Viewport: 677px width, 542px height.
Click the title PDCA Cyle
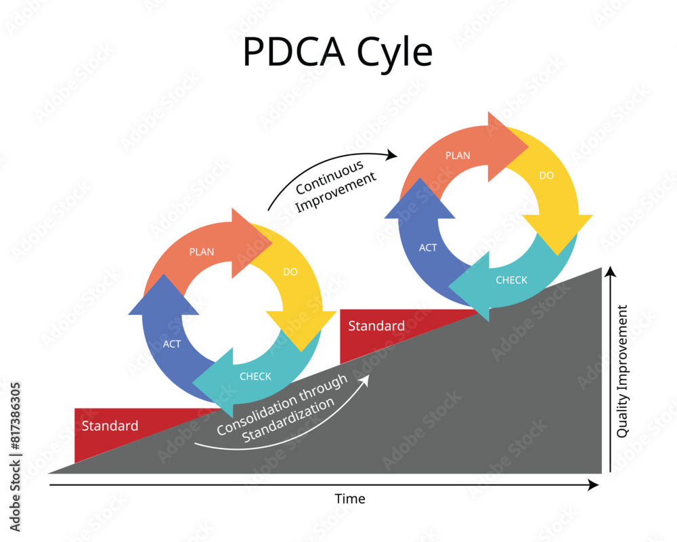click(x=337, y=52)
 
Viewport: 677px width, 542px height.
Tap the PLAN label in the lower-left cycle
click(x=202, y=252)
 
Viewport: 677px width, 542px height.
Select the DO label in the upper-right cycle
click(x=546, y=175)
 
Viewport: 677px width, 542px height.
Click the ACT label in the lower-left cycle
click(x=172, y=344)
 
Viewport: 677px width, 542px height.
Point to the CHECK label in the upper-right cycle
click(x=511, y=280)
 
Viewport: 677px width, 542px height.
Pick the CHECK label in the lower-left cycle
click(x=255, y=377)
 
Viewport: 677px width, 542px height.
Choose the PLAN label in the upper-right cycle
click(x=458, y=156)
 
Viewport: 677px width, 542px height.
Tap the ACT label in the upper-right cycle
click(x=428, y=248)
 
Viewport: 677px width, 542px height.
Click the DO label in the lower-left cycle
click(x=290, y=272)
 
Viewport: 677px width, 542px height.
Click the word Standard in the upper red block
click(x=376, y=326)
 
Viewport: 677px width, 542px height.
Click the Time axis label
click(x=350, y=499)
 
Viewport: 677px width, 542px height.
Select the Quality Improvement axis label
click(x=623, y=371)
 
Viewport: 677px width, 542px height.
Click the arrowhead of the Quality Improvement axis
click(x=610, y=272)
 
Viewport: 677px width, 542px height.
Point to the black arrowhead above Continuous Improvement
click(x=392, y=154)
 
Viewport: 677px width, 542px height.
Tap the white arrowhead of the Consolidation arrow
click(x=366, y=381)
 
